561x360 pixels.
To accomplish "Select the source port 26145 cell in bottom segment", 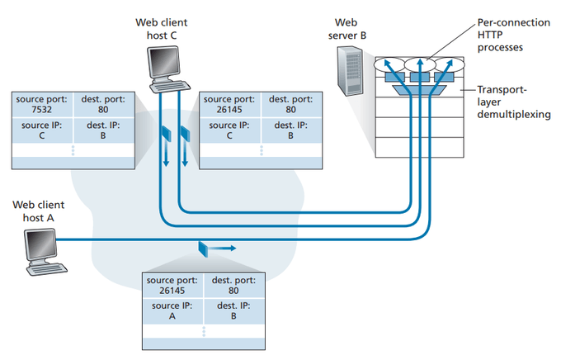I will point(171,286).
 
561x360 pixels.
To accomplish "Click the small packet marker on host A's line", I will point(202,246).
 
